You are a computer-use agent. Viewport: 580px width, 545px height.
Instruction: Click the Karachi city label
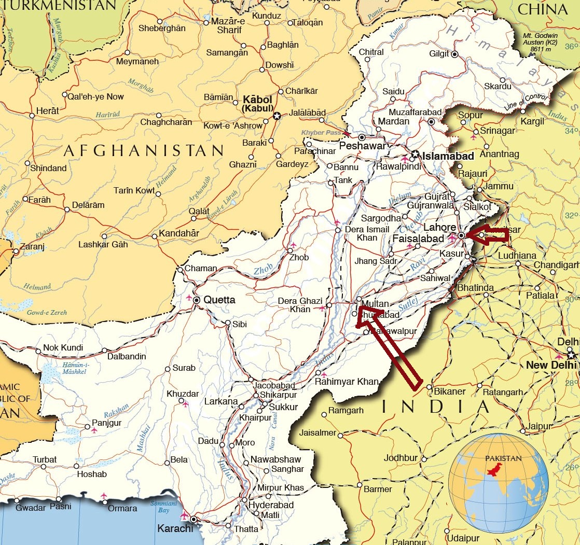coord(175,529)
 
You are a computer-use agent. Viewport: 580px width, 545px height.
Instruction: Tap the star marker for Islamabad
coord(415,155)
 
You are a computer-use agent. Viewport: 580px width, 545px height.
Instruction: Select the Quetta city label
coord(219,300)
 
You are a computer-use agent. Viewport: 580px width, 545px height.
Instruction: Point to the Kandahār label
coord(178,233)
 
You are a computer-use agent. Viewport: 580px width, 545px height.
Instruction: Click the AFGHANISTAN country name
coord(144,151)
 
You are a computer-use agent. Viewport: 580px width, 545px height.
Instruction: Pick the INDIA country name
coord(435,407)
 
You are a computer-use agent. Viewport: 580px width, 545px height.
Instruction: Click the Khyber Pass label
coord(321,133)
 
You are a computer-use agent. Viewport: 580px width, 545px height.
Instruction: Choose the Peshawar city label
coord(363,146)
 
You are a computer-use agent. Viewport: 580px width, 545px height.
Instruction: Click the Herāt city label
coord(47,110)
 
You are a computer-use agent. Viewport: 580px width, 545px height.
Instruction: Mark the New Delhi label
coord(550,365)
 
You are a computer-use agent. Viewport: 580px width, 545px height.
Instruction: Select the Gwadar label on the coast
coord(31,508)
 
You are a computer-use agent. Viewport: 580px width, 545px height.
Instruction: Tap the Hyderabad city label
coord(271,505)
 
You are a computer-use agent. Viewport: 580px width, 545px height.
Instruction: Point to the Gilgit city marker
coord(454,54)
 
